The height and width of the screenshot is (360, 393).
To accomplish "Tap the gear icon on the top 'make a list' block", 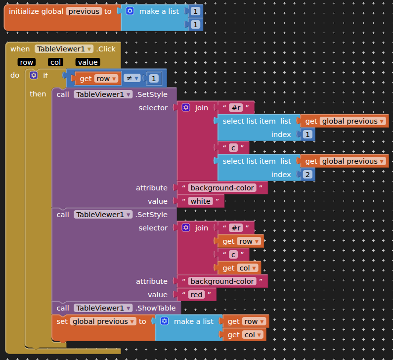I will [x=130, y=11].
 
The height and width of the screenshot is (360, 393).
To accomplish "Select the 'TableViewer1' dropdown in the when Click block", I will [x=64, y=49].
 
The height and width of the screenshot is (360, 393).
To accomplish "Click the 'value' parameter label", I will [x=87, y=62].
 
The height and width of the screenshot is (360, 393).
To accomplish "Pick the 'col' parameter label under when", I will [x=55, y=62].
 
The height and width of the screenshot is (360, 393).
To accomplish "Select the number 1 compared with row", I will [x=154, y=79].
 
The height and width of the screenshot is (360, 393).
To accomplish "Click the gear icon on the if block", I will [x=34, y=76].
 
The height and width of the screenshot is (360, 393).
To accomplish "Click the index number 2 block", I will [x=307, y=175].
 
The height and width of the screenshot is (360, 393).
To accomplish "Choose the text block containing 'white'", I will [x=200, y=201].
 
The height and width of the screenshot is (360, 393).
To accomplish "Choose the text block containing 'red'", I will [x=197, y=295].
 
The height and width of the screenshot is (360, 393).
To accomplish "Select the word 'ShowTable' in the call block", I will [x=159, y=308].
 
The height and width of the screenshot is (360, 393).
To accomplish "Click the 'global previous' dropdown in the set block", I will [x=103, y=321].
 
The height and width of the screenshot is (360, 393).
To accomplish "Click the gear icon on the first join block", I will [x=186, y=108].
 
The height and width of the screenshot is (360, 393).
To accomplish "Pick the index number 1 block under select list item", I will [x=307, y=135].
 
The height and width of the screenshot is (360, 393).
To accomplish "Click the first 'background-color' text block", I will [x=222, y=188].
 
